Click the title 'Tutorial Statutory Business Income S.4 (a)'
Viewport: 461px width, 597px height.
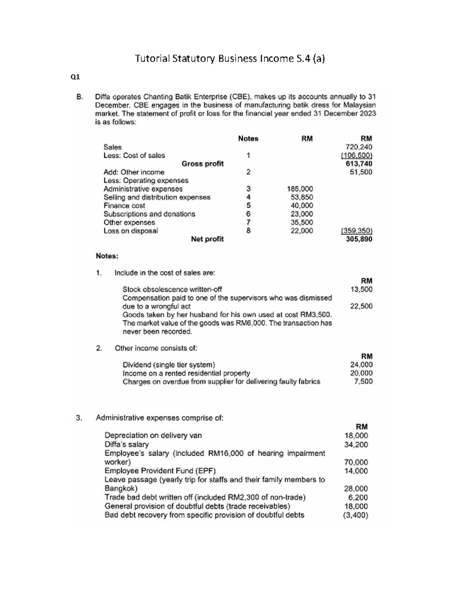click(x=230, y=58)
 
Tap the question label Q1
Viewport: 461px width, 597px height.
click(x=75, y=77)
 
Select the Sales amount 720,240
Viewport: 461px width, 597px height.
click(x=359, y=147)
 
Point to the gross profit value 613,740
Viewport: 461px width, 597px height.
click(x=359, y=164)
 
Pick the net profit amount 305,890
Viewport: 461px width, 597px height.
click(x=359, y=239)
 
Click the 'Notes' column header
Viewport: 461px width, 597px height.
click(x=248, y=138)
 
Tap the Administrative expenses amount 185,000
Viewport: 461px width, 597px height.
click(x=300, y=189)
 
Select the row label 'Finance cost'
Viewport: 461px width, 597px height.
click(x=124, y=206)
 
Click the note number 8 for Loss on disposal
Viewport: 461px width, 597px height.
click(x=248, y=231)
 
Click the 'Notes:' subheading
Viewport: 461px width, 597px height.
click(x=107, y=256)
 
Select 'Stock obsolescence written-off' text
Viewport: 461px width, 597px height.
click(x=172, y=289)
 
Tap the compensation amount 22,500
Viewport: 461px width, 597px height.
click(x=361, y=306)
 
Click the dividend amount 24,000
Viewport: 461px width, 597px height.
click(x=361, y=364)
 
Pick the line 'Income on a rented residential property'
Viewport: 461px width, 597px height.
click(x=186, y=373)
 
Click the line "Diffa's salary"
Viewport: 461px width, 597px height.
click(x=126, y=444)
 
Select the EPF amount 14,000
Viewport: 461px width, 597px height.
click(x=356, y=471)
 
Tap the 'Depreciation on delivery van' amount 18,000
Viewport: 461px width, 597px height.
click(x=356, y=436)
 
